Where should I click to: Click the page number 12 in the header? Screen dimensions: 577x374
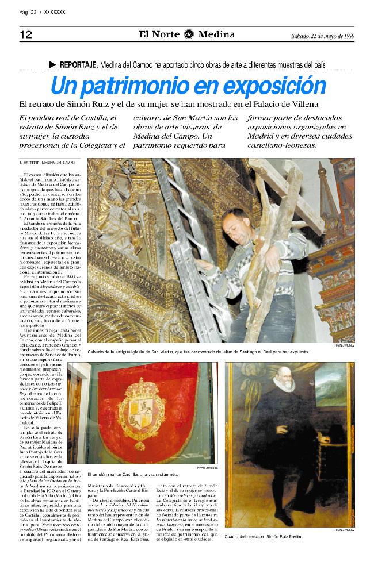[26, 34]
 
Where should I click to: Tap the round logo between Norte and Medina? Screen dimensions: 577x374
[188, 34]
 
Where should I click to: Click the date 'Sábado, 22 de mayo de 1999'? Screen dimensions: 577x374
[322, 35]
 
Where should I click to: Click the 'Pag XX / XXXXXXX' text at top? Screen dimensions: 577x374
[42, 11]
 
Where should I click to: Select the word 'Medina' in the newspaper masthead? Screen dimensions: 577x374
[216, 34]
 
